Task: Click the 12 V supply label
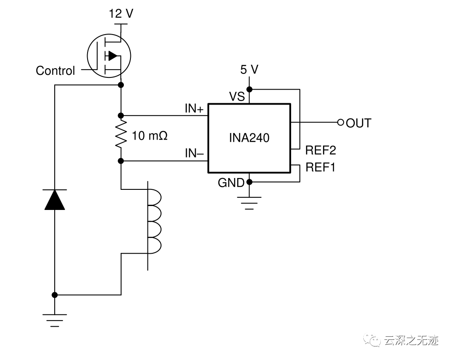pyautogui.click(x=121, y=14)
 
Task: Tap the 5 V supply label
pyautogui.click(x=249, y=69)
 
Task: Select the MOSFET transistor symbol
pyautogui.click(x=109, y=56)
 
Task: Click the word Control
pyautogui.click(x=55, y=71)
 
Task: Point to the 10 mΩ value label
pyautogui.click(x=149, y=136)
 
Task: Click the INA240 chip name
pyautogui.click(x=249, y=138)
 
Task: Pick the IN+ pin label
pyautogui.click(x=194, y=109)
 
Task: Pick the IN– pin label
pyautogui.click(x=194, y=154)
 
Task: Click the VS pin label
pyautogui.click(x=237, y=97)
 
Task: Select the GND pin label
pyautogui.click(x=231, y=183)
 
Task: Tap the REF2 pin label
pyautogui.click(x=320, y=150)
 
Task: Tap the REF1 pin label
pyautogui.click(x=320, y=168)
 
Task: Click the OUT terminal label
pyautogui.click(x=358, y=123)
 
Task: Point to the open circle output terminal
pyautogui.click(x=341, y=122)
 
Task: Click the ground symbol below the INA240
pyautogui.click(x=249, y=203)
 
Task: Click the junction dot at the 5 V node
pyautogui.click(x=249, y=89)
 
